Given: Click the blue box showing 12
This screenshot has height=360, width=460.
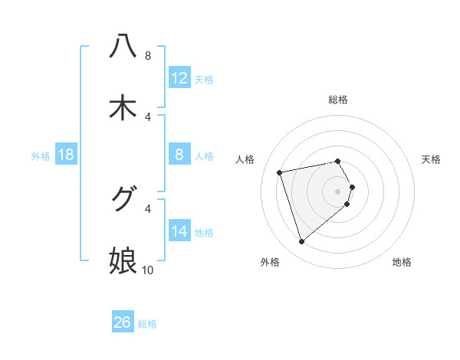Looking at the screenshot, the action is point(179,78).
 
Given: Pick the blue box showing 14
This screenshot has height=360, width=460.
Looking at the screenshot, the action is point(179,231).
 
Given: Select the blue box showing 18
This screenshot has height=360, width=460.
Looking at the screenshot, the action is point(66,155).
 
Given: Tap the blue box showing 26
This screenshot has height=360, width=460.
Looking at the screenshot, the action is point(123,322).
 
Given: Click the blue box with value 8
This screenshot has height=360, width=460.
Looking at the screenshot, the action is point(179,155).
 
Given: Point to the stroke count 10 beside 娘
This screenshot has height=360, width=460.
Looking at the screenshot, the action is point(148,270).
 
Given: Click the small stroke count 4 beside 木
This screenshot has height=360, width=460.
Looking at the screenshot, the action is point(148,116).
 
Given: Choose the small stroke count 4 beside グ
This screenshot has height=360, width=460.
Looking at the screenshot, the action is point(148,208).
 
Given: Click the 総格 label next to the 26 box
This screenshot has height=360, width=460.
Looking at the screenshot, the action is point(147,324).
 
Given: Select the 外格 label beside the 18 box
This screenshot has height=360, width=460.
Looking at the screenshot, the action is point(41,156).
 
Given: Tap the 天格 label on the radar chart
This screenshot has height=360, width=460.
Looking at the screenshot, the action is point(431,159).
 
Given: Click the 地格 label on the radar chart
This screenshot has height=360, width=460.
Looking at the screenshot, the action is point(402,262).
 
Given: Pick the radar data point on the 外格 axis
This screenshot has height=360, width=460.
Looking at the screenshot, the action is point(301,242).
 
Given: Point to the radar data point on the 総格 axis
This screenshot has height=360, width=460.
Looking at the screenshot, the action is point(338,161).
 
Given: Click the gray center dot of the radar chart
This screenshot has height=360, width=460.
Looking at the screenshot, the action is point(338,191).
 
